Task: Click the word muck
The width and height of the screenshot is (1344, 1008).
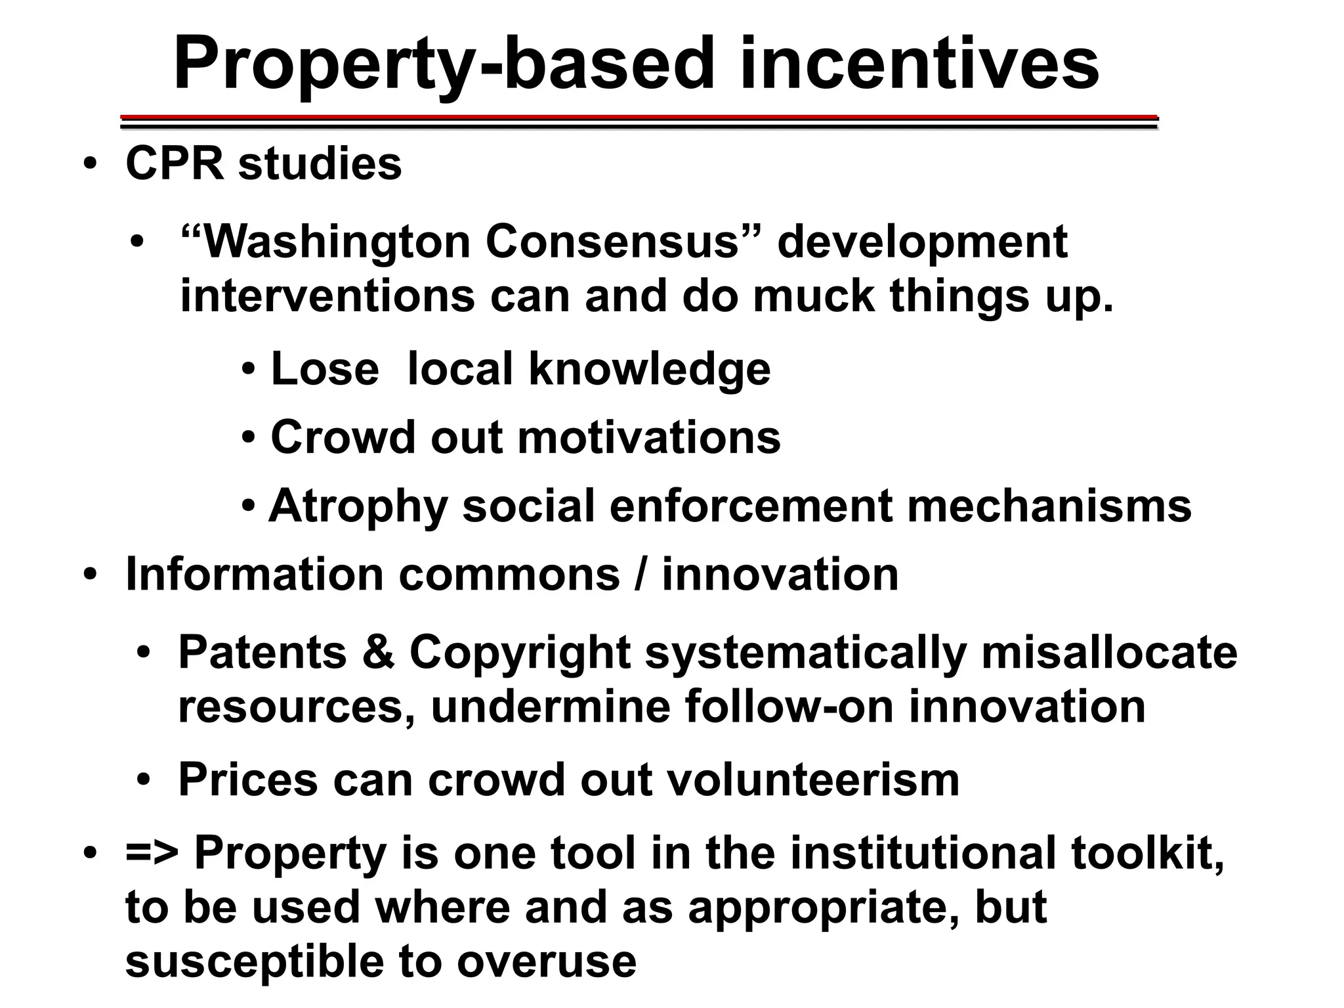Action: [x=814, y=296]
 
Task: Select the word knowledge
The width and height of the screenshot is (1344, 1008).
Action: [x=649, y=369]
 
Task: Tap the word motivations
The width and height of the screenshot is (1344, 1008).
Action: [x=649, y=437]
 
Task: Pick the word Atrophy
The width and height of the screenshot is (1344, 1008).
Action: [x=358, y=506]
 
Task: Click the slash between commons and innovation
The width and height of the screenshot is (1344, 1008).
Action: [x=640, y=575]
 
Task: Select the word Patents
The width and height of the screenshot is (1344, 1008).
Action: [x=262, y=653]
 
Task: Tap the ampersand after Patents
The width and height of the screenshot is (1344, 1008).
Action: [x=378, y=653]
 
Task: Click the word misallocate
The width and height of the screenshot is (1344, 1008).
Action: [x=1109, y=653]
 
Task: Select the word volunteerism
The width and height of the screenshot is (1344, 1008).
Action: [x=814, y=780]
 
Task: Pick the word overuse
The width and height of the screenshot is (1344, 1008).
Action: [x=547, y=961]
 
